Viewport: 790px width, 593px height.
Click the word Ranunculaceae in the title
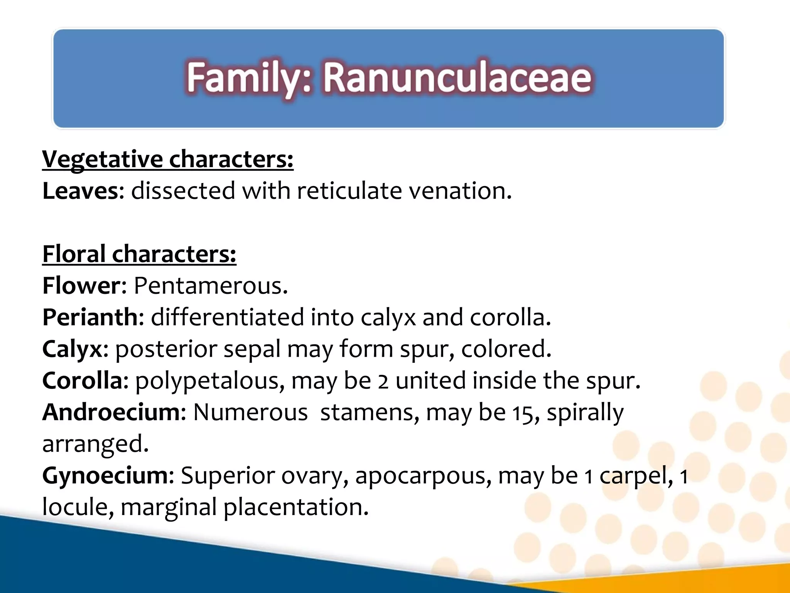457,78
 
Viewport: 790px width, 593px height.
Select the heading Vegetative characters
167,159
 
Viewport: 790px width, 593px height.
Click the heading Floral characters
139,254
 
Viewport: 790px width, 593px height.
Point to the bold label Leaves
81,191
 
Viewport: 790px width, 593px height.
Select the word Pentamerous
211,286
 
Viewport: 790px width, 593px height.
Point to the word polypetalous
210,381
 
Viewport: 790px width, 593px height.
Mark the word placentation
296,507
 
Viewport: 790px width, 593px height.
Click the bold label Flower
82,286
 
